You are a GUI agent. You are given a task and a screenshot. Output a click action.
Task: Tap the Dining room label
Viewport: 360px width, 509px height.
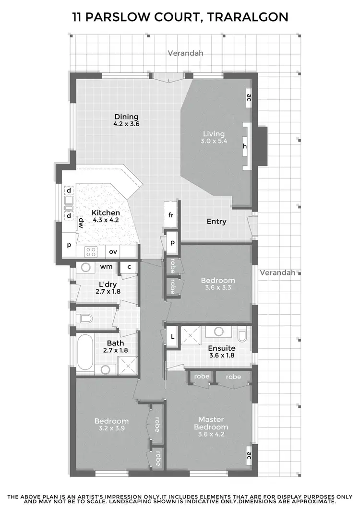pos(126,117)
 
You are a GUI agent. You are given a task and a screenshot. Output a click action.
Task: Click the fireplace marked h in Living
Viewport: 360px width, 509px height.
pos(246,146)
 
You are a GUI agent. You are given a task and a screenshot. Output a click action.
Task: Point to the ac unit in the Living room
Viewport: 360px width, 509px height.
pos(249,98)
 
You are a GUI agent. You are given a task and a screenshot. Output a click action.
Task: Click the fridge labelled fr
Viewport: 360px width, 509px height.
pos(170,215)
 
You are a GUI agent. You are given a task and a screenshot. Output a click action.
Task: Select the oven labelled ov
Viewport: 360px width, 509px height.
pos(113,251)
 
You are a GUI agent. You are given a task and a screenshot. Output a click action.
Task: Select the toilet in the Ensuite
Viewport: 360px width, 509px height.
pos(242,333)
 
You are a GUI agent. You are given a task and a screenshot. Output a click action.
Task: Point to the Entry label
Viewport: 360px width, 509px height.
pos(216,222)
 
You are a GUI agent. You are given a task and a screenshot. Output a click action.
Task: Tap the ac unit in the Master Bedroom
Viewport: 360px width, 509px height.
pos(249,455)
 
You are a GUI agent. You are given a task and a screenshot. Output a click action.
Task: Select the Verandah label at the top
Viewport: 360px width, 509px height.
pos(185,53)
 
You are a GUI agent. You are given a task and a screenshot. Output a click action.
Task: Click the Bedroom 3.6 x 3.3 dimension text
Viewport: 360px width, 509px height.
pos(217,288)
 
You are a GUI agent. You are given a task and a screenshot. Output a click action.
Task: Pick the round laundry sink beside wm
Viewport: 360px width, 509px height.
pos(86,267)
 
